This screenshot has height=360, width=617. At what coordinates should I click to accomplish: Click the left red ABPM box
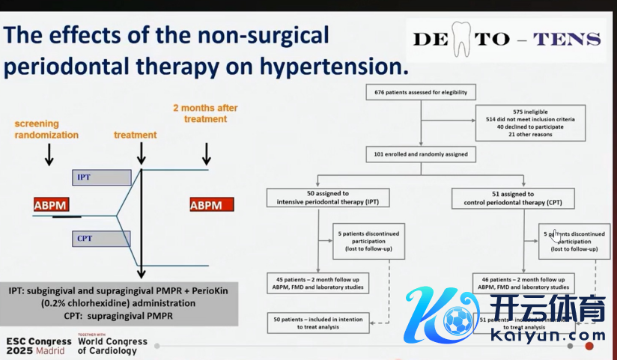click(56, 204)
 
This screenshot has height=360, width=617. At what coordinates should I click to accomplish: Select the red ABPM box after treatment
click(212, 204)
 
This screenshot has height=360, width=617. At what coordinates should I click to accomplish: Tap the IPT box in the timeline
click(102, 177)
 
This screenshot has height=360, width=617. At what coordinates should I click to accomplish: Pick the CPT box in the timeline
click(102, 239)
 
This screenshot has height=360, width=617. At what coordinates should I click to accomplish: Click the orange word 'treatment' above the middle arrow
click(136, 135)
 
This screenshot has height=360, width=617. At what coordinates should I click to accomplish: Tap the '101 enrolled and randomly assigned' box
click(420, 154)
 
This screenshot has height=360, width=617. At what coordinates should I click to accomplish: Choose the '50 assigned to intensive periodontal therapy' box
click(318, 198)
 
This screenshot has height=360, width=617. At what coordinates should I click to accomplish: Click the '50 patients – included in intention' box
click(317, 323)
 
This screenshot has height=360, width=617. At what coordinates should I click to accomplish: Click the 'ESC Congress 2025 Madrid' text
click(38, 345)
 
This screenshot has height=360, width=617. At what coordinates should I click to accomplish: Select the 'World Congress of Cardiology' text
click(113, 345)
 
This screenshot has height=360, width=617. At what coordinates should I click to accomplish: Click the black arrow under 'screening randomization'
click(49, 153)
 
